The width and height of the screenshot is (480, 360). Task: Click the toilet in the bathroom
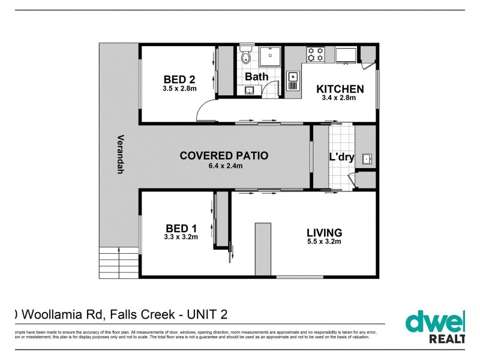(245, 58)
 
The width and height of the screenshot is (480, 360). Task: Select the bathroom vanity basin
(249, 90)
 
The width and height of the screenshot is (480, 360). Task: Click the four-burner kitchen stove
(316, 55)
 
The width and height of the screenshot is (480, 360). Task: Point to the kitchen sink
(293, 76)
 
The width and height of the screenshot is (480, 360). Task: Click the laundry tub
(368, 158)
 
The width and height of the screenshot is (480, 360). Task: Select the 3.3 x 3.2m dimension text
(180, 237)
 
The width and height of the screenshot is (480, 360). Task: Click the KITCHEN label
(340, 89)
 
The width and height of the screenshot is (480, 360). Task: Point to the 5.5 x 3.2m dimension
(324, 242)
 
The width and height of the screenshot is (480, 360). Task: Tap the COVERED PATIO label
(224, 155)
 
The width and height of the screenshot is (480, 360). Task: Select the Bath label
(257, 77)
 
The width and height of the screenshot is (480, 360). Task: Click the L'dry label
(342, 158)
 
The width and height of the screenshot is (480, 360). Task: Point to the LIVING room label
(324, 232)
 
